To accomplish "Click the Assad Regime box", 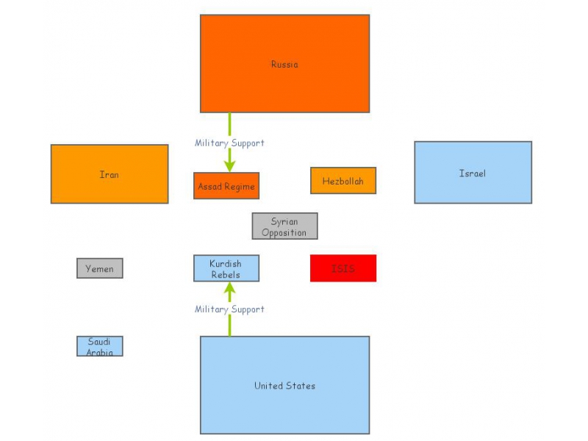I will [226, 186].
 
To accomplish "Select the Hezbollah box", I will [343, 181].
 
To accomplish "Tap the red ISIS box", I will [343, 268].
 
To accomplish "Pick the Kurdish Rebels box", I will [226, 268].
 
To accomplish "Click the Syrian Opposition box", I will [284, 226].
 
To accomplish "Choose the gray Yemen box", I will [100, 268].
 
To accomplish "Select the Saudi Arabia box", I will [100, 346].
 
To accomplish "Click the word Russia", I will [284, 64].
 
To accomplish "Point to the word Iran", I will [110, 174].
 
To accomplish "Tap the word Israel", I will [473, 173].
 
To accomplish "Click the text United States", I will [284, 385].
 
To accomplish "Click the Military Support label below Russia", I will [229, 143].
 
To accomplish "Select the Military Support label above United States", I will [229, 309].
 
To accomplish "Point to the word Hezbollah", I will [343, 181].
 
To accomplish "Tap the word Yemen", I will [100, 268].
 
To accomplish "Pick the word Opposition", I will [284, 233].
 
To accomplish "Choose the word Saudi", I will [100, 341].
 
